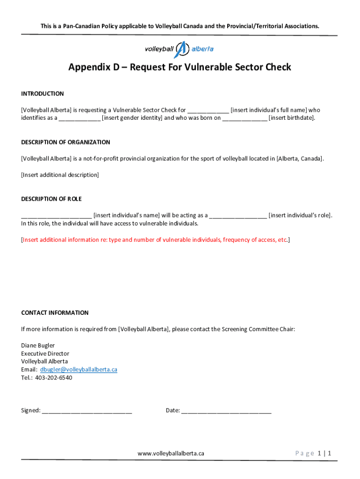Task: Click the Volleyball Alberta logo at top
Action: click(x=180, y=49)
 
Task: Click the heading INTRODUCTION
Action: click(x=43, y=94)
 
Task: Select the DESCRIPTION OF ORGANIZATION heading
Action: click(x=65, y=142)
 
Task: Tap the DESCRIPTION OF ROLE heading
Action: click(x=51, y=199)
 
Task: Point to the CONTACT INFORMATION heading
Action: click(x=55, y=312)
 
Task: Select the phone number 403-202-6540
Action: click(x=53, y=377)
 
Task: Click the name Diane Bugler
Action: click(x=38, y=346)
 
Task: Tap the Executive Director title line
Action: click(x=45, y=354)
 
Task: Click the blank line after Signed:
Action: click(x=87, y=412)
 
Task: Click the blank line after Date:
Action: click(x=226, y=412)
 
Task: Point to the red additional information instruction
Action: click(x=155, y=240)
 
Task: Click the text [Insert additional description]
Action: click(x=60, y=175)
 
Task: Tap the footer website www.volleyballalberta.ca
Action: click(x=171, y=453)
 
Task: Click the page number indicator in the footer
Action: click(x=313, y=453)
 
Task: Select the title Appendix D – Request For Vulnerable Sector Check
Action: click(x=180, y=67)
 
